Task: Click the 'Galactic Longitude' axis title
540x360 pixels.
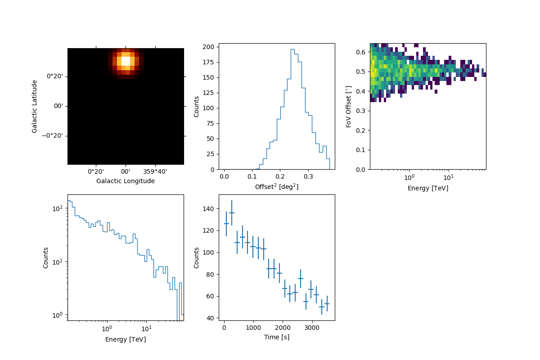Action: [126, 181]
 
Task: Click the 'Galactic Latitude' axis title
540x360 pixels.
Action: [35, 106]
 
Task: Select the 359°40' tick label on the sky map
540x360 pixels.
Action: [155, 171]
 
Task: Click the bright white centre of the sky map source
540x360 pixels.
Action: [126, 60]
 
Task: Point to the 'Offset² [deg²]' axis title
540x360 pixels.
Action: [276, 186]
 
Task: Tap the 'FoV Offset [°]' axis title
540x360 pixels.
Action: [348, 106]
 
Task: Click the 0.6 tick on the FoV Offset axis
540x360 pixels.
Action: [361, 53]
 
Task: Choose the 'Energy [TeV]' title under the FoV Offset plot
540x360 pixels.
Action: [427, 188]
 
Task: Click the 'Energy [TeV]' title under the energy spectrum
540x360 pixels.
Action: [126, 339]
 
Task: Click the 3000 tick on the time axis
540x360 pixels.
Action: [312, 327]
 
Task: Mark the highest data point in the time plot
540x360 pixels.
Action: [232, 213]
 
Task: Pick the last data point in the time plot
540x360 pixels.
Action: [327, 304]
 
